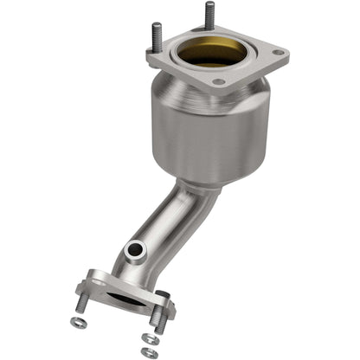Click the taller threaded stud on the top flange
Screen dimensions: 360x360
209,16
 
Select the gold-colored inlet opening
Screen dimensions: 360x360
208,54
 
